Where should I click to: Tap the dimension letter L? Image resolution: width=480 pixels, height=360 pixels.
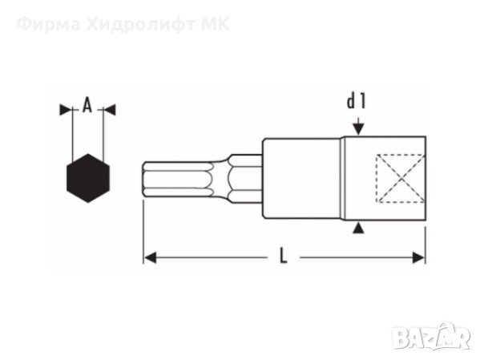[283, 257]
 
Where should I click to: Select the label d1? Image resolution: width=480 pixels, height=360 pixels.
[357, 102]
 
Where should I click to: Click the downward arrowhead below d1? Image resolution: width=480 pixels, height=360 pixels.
[359, 127]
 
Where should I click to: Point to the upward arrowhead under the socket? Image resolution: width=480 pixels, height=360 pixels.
[359, 229]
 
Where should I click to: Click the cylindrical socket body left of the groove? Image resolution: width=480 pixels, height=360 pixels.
[302, 178]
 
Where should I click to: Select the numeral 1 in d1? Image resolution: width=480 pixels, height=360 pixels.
[363, 102]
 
